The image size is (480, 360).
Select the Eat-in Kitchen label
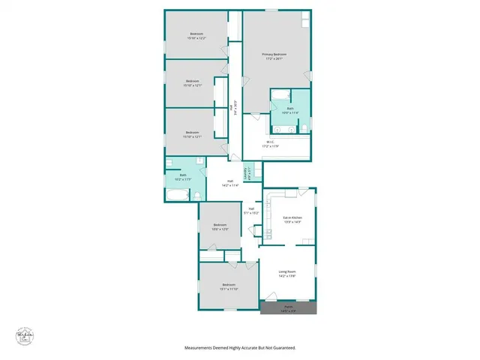(292, 217)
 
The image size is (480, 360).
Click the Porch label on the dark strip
(289, 307)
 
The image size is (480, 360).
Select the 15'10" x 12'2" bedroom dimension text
(197, 37)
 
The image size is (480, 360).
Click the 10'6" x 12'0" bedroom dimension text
(220, 229)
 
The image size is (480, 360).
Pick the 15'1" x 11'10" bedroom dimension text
(229, 288)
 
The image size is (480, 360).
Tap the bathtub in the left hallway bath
(177, 196)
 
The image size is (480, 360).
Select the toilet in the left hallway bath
(196, 195)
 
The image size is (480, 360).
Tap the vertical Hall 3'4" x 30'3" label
(235, 108)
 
